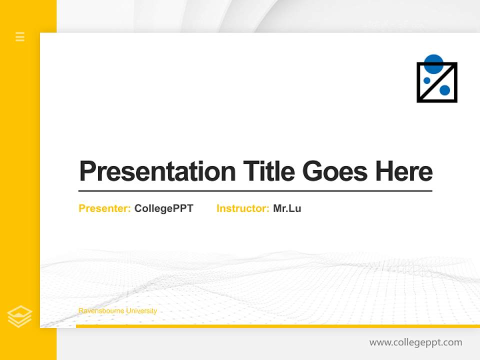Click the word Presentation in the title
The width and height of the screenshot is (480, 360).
click(x=157, y=171)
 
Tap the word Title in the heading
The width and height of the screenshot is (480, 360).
click(x=268, y=171)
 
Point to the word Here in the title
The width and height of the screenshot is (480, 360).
click(x=404, y=171)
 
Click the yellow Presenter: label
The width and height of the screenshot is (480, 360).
click(x=105, y=208)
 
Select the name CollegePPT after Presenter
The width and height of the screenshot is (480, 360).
click(x=163, y=208)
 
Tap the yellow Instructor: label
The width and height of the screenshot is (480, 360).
click(x=243, y=208)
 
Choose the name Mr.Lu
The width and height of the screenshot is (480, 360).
click(x=287, y=208)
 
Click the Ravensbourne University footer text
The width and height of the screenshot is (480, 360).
click(x=117, y=311)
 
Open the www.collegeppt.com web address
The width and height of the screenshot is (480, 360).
click(x=415, y=342)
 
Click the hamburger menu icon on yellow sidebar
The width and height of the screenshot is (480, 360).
click(x=20, y=36)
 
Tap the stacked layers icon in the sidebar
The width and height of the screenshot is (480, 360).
click(x=19, y=316)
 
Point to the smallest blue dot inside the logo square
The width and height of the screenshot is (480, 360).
click(x=427, y=80)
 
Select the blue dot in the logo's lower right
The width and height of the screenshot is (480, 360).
click(x=444, y=90)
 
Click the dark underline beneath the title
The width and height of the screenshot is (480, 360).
click(x=255, y=190)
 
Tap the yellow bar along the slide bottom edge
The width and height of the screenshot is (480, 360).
click(x=277, y=326)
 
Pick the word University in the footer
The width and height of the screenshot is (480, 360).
click(x=141, y=311)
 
